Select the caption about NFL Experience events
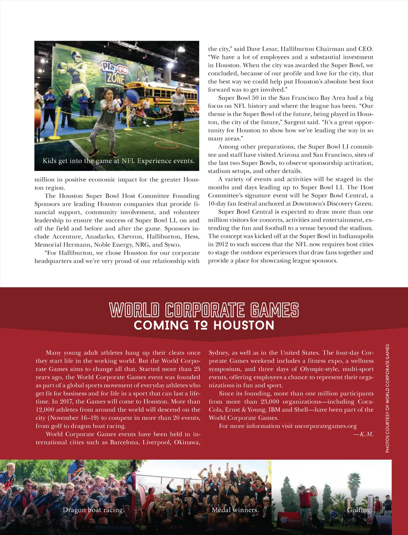tap(119, 161)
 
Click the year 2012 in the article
tap(221, 244)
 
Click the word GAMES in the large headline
tap(275, 310)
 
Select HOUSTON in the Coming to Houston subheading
tap(244, 325)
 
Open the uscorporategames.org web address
tap(326, 426)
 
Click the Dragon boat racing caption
tap(94, 510)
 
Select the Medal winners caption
tap(235, 510)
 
